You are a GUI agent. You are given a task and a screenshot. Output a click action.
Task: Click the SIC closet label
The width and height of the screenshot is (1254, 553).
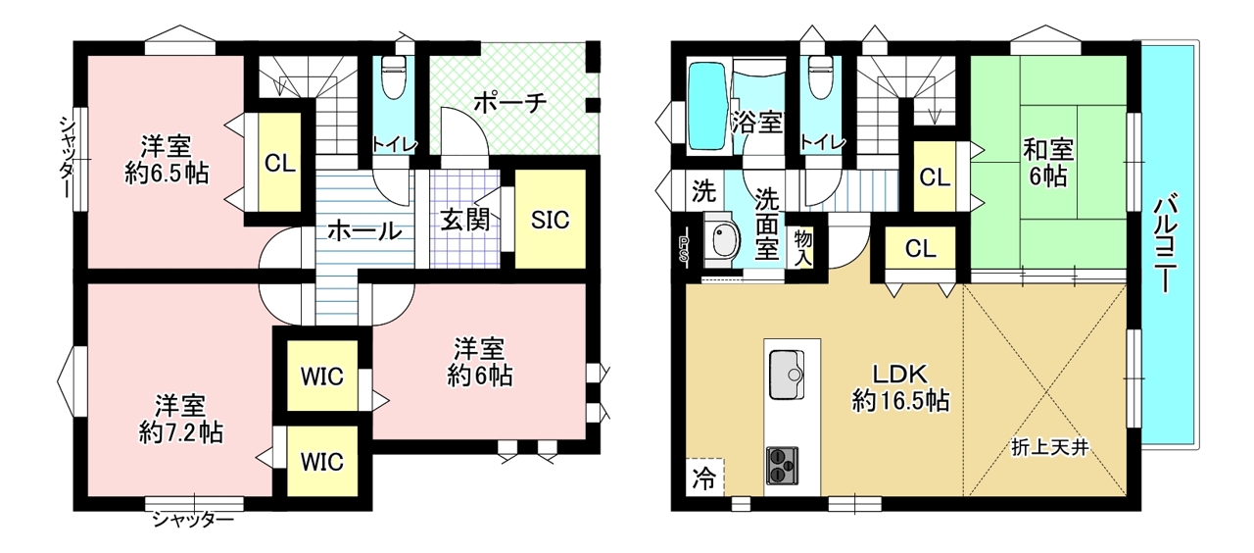pyautogui.click(x=550, y=221)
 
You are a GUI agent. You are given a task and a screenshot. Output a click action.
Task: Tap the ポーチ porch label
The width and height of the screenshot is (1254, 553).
pyautogui.click(x=509, y=103)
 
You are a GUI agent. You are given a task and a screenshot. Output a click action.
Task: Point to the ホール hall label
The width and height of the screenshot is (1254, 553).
pyautogui.click(x=364, y=230)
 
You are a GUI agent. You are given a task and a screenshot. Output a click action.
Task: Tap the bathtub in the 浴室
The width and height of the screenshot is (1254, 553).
pyautogui.click(x=707, y=106)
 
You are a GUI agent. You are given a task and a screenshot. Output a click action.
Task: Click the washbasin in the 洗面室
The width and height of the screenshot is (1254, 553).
pyautogui.click(x=723, y=240)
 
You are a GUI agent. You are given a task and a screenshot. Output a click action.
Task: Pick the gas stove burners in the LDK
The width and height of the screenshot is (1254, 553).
pyautogui.click(x=782, y=465)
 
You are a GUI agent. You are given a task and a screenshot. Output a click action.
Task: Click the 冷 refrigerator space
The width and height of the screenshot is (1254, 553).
pyautogui.click(x=704, y=478)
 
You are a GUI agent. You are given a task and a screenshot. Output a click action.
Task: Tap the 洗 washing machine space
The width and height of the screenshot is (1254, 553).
pyautogui.click(x=703, y=190)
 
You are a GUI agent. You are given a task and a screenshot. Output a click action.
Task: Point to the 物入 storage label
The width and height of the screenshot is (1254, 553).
pyautogui.click(x=803, y=248)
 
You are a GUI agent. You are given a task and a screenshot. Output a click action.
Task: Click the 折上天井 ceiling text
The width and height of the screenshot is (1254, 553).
pyautogui.click(x=1049, y=447)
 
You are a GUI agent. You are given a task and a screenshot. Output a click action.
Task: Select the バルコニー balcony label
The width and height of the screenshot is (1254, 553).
pyautogui.click(x=1167, y=242)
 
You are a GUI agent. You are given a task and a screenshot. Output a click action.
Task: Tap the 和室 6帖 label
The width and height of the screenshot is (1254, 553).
pyautogui.click(x=1048, y=163)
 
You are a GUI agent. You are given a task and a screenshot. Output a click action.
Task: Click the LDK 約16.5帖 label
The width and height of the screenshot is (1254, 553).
pyautogui.click(x=900, y=387)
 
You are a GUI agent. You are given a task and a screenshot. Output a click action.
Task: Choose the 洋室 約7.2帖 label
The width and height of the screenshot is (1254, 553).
pyautogui.click(x=181, y=419)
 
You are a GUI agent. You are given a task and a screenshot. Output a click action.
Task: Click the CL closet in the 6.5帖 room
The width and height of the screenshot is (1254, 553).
pyautogui.click(x=280, y=163)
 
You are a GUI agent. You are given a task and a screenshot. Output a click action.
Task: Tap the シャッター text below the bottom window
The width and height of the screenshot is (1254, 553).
pyautogui.click(x=193, y=521)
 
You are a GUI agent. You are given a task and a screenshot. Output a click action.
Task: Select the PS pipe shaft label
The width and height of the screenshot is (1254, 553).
pyautogui.click(x=684, y=250)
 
